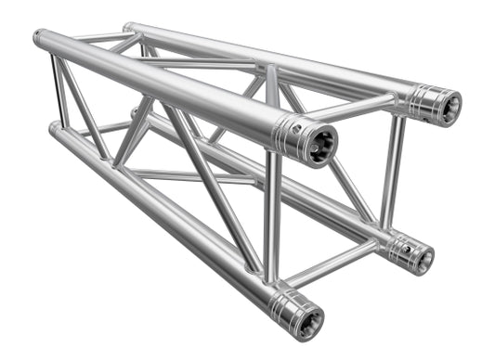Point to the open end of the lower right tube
click(420, 253)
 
